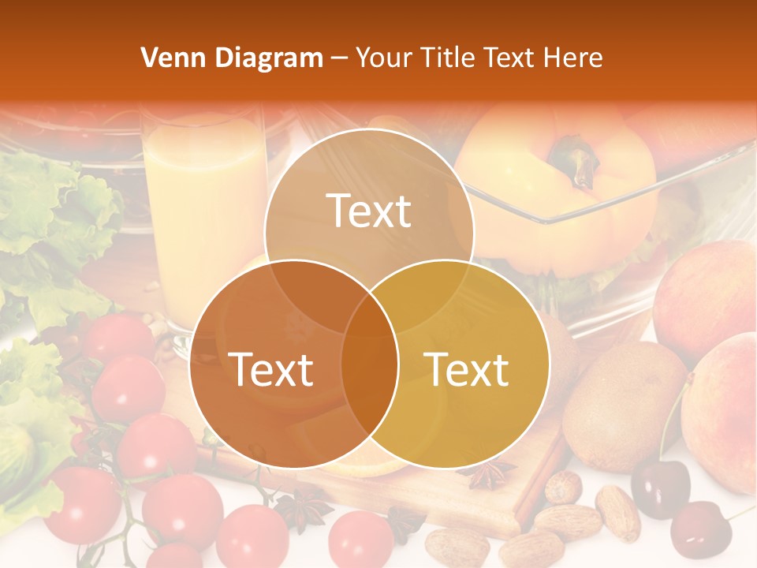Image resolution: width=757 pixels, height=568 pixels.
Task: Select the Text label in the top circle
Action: [x=369, y=211]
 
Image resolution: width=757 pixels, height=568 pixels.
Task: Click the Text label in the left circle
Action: [x=270, y=369]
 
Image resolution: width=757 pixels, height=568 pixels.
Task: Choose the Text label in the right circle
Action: [x=467, y=369]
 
